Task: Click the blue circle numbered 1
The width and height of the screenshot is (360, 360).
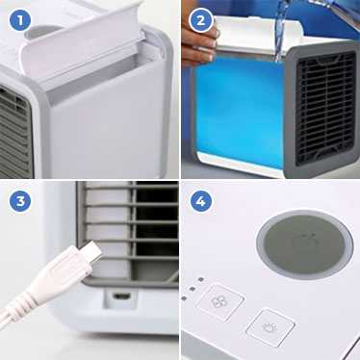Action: [x=19, y=20]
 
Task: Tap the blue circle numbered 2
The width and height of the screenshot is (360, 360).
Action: [x=200, y=20]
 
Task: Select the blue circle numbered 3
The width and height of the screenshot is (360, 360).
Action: [x=20, y=201]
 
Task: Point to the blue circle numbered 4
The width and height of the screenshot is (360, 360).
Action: [x=200, y=201]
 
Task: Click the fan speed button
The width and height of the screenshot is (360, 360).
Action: [x=220, y=302]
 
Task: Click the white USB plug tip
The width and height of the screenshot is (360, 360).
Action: [x=90, y=252]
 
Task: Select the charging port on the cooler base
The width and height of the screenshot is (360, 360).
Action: [x=123, y=296]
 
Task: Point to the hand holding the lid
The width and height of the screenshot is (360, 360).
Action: [x=199, y=42]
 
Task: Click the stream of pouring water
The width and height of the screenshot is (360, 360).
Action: [x=280, y=31]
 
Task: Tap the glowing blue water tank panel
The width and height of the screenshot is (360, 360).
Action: [x=239, y=111]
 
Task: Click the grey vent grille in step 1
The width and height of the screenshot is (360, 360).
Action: [x=16, y=132]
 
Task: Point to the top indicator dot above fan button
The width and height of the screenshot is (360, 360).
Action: [x=201, y=279]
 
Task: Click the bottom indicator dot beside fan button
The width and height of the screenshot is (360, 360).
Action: [x=184, y=298]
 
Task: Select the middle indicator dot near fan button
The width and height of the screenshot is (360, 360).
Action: [x=193, y=289]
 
